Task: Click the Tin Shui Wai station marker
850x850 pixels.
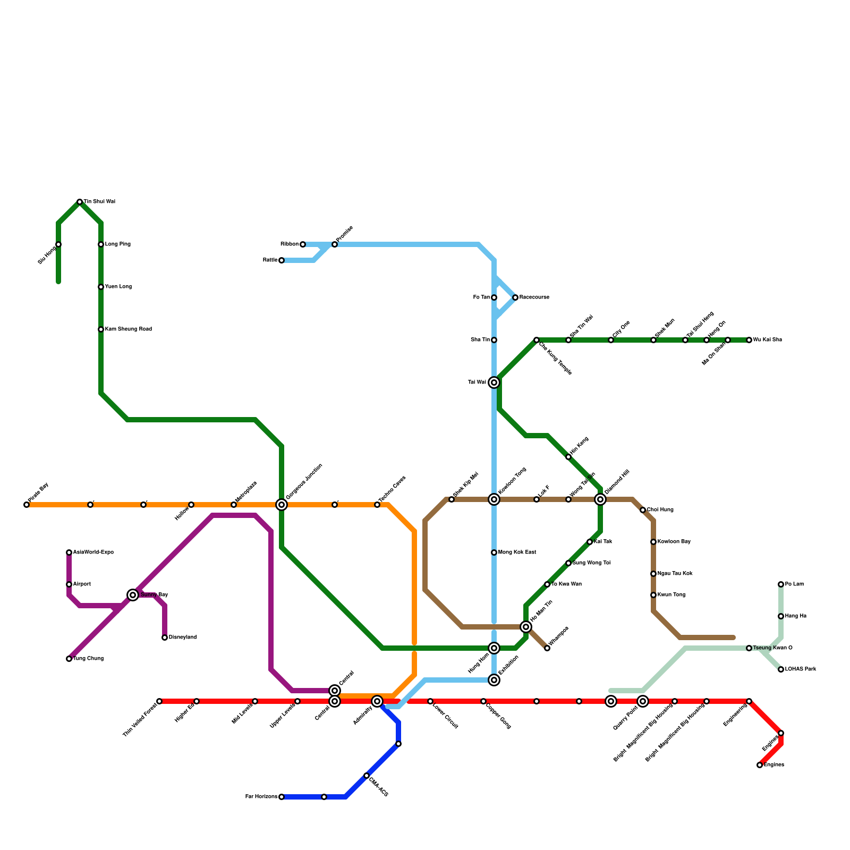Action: tap(80, 202)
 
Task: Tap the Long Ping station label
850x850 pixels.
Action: tap(117, 244)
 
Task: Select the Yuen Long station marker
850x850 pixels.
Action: tap(101, 287)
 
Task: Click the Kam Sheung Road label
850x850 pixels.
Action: tap(128, 329)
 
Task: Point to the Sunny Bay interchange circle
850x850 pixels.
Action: tap(133, 595)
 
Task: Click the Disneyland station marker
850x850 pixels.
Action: tap(165, 637)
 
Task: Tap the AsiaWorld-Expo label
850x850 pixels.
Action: tap(93, 552)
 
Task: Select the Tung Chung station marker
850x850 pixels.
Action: tap(69, 659)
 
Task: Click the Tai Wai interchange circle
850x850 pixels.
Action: tap(494, 382)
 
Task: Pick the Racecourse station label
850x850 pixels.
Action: tap(534, 297)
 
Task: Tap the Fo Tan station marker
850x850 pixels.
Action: tap(494, 297)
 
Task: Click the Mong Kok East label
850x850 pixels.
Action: tap(517, 552)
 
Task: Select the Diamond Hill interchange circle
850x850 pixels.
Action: tap(600, 499)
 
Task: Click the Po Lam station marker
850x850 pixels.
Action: tap(781, 584)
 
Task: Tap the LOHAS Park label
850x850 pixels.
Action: tap(800, 669)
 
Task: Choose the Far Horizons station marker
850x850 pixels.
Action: tap(282, 797)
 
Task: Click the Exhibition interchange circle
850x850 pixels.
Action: tap(494, 680)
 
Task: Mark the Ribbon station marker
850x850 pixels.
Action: tap(303, 244)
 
